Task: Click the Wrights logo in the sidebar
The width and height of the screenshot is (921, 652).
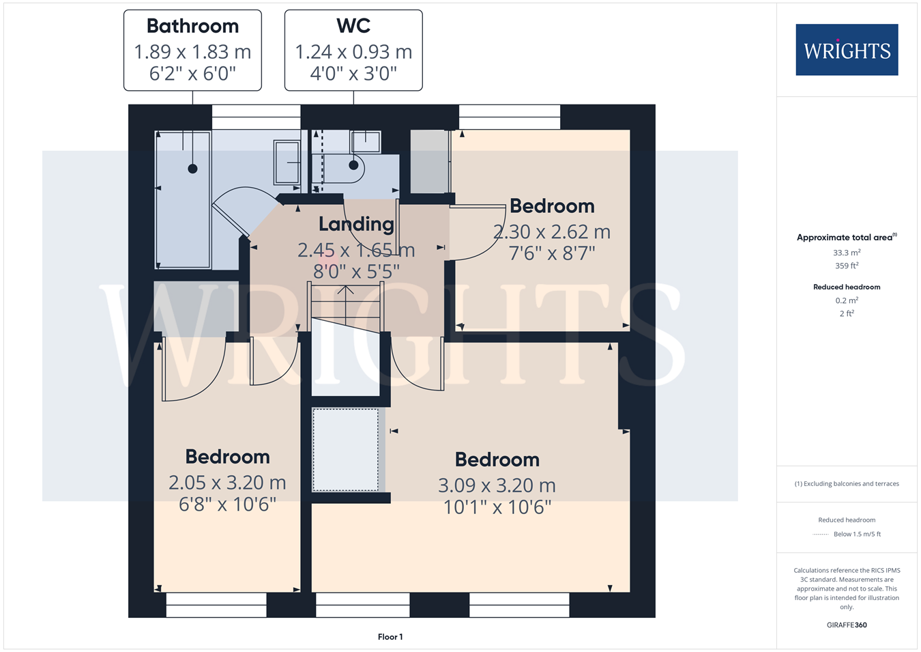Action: click(847, 50)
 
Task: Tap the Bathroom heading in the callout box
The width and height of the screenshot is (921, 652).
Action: click(192, 26)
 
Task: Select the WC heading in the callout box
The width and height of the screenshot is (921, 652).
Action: click(353, 25)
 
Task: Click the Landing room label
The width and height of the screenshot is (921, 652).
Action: click(356, 224)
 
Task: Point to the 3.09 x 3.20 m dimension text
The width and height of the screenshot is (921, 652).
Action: click(497, 485)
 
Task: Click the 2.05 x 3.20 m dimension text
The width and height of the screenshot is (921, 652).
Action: click(227, 483)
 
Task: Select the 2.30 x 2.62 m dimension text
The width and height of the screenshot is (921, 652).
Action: click(552, 232)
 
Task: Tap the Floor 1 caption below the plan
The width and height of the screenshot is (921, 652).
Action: click(390, 637)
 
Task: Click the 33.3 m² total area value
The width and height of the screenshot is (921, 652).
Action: click(847, 253)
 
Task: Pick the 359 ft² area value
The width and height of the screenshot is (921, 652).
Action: click(847, 266)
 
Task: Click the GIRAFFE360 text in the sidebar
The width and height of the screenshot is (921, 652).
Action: click(847, 625)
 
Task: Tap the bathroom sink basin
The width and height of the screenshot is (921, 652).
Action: click(287, 162)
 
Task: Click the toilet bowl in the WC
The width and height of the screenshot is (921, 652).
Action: click(343, 169)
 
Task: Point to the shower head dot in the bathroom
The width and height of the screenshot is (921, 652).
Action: click(192, 168)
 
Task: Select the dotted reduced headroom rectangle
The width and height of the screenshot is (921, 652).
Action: click(345, 450)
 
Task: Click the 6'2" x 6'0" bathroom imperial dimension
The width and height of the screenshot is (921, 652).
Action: click(192, 74)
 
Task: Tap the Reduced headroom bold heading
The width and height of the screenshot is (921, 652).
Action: click(847, 287)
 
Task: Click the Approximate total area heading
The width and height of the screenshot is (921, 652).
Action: click(847, 237)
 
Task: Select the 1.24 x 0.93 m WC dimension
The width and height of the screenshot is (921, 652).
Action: click(353, 52)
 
